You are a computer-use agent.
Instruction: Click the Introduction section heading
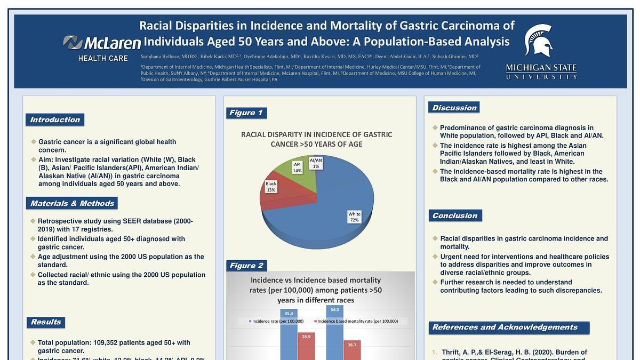pos(54,120)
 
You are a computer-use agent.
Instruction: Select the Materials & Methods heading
pos(72,203)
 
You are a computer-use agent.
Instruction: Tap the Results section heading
pos(46,322)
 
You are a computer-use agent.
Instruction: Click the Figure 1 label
pos(245,113)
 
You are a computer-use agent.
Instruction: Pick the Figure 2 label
pos(246,266)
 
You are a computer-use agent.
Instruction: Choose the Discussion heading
pos(454,108)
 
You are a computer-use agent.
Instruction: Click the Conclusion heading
pos(454,215)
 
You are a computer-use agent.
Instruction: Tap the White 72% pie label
pos(354,217)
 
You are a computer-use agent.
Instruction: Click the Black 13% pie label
pos(271,187)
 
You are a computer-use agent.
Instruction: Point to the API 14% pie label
pos(297,167)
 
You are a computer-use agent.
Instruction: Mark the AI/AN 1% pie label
pos(316,163)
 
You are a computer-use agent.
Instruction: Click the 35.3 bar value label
pos(289,314)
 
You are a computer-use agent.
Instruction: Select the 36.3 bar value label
pos(334,309)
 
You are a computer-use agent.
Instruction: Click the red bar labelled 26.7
pos(352,351)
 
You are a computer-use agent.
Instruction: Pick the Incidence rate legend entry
pos(276,321)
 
